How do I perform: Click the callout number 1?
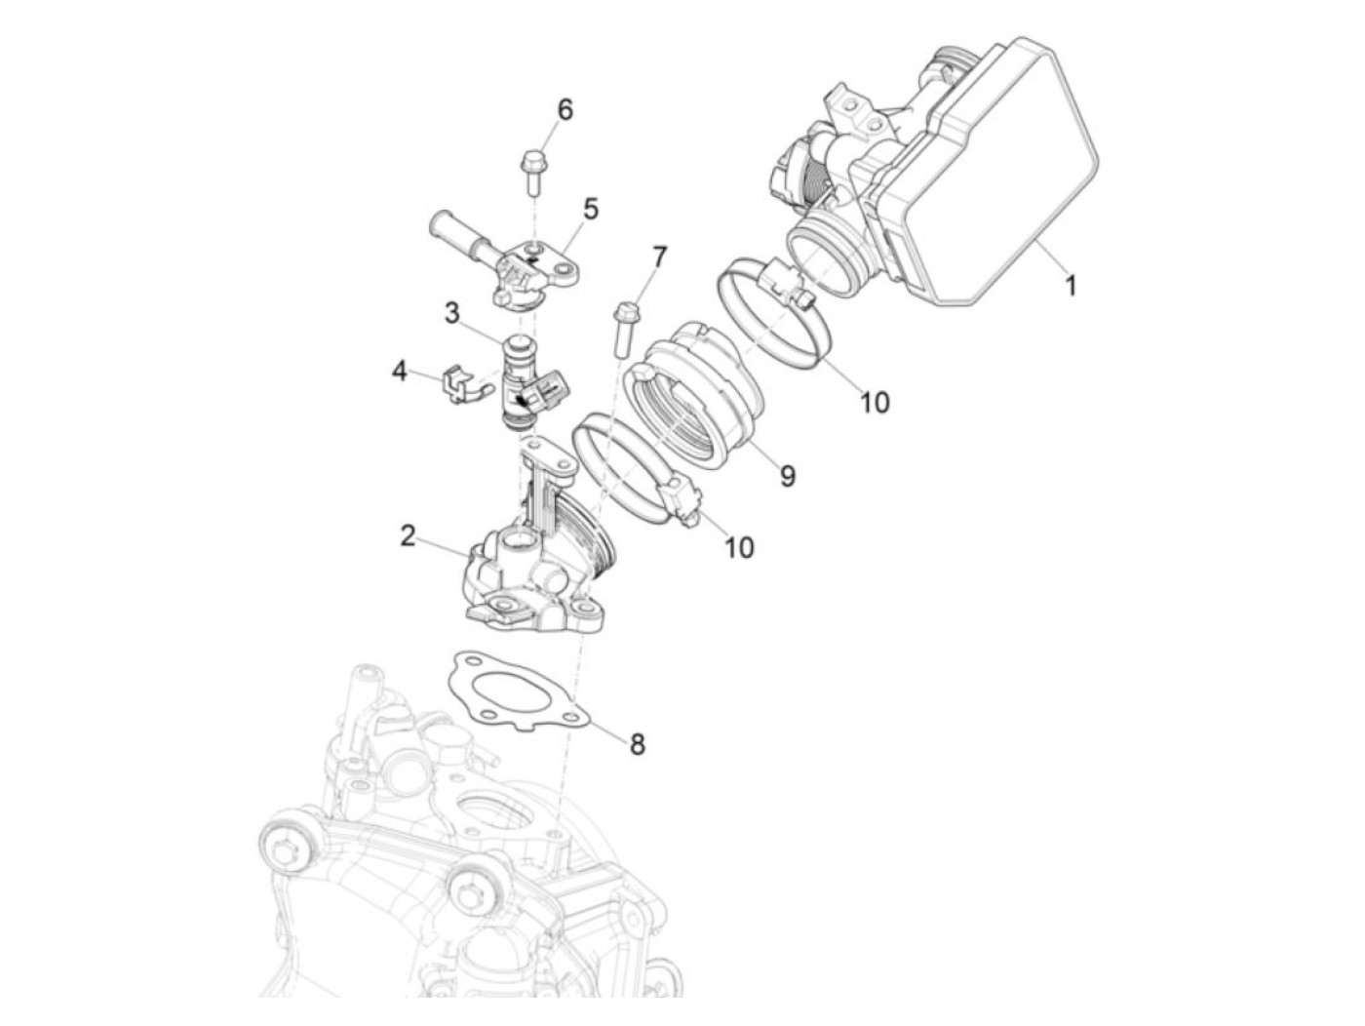click(x=1070, y=287)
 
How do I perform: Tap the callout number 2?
click(x=408, y=535)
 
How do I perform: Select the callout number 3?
click(x=452, y=313)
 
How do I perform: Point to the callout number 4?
click(x=399, y=373)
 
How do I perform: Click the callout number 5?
click(x=590, y=209)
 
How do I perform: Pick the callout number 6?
click(x=565, y=110)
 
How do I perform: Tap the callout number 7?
click(x=658, y=257)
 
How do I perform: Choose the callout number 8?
click(x=638, y=744)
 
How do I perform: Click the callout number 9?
click(x=787, y=476)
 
